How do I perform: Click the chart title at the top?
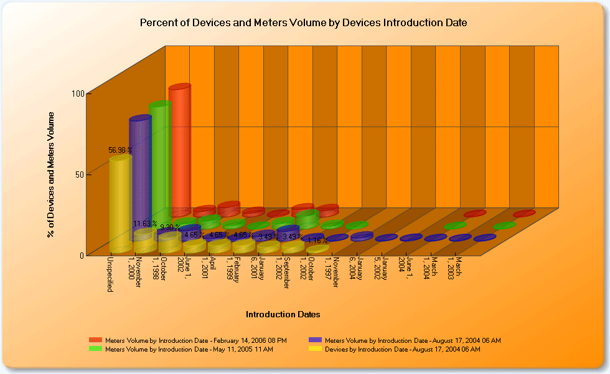303,23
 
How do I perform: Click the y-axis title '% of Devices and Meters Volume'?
51,175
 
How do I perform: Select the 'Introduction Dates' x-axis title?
283,314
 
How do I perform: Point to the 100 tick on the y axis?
77,93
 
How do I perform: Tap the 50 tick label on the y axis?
80,174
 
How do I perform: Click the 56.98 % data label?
118,150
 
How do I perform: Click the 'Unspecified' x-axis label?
110,274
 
